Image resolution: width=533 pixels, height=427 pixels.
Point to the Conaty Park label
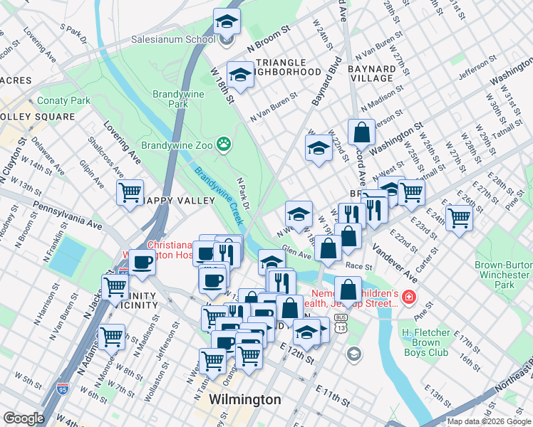coord(63,100)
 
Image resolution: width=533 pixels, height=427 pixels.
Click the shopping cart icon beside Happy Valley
coord(130,192)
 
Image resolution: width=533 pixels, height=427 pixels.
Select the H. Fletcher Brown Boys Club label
coord(425,342)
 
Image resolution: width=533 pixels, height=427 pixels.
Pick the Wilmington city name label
coord(245,399)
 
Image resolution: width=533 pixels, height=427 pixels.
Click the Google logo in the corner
coord(24,418)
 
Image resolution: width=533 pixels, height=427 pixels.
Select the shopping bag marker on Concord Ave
coord(361,132)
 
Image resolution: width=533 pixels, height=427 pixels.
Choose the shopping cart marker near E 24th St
coord(459,217)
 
